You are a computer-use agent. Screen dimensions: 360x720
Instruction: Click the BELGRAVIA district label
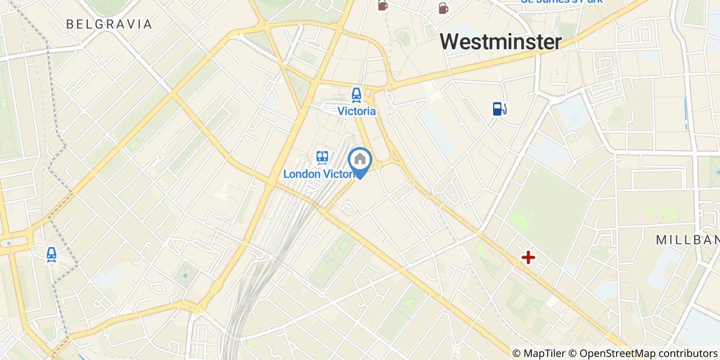(x=109, y=24)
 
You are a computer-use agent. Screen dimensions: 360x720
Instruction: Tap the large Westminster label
(x=500, y=42)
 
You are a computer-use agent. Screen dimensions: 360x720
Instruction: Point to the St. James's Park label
(x=562, y=2)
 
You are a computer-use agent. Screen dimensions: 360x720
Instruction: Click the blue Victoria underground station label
(x=356, y=111)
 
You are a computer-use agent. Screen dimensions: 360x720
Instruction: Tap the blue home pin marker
(x=360, y=160)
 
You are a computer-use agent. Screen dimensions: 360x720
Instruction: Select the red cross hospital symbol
(x=528, y=258)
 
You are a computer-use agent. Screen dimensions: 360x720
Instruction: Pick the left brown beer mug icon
(x=383, y=5)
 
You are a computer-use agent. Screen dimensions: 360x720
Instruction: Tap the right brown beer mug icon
(x=443, y=8)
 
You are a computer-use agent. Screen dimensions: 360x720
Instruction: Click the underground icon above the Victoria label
(x=356, y=95)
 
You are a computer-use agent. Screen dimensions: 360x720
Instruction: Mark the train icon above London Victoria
(x=322, y=157)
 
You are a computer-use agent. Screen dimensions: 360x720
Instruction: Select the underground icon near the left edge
(x=51, y=254)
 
